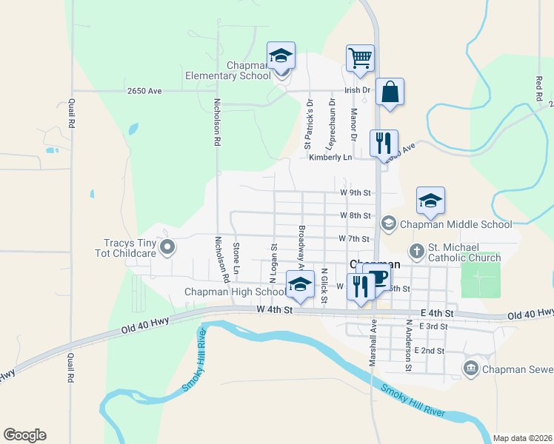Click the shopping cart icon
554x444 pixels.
[x=360, y=58]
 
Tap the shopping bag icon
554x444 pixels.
[x=390, y=92]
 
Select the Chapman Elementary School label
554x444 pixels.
[x=228, y=70]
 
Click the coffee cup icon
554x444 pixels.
[x=378, y=278]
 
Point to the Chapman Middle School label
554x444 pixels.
[x=455, y=223]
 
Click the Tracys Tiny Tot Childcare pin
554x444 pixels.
[x=167, y=247]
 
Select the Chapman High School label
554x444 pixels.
[x=235, y=292]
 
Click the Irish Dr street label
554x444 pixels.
[x=357, y=90]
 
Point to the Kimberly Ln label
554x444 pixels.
[x=330, y=157]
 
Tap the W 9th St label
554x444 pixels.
[x=355, y=192]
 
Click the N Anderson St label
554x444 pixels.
[x=408, y=345]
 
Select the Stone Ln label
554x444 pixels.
[x=236, y=255]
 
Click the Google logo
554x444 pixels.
[x=24, y=434]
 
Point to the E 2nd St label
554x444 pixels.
[x=430, y=350]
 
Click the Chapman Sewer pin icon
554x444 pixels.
[x=470, y=369]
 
